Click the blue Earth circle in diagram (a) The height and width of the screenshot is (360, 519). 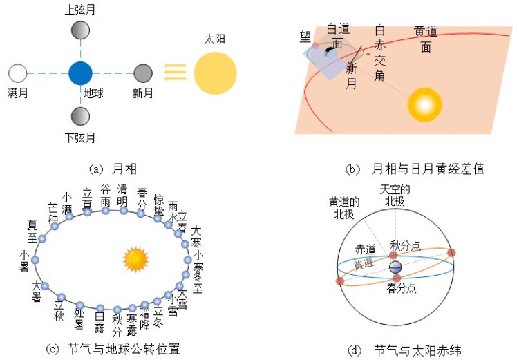click(x=80, y=73)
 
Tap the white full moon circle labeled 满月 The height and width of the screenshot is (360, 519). click(x=17, y=73)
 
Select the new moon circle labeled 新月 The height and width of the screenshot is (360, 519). click(x=142, y=73)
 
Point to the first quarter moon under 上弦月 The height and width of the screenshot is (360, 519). click(x=80, y=30)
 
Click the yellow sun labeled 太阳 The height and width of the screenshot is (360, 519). click(x=215, y=73)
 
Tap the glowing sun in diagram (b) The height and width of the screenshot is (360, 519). click(x=424, y=104)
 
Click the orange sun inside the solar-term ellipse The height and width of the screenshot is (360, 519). click(x=135, y=259)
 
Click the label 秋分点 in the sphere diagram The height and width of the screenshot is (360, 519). click(x=406, y=246)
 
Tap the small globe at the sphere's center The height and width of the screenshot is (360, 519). click(x=395, y=267)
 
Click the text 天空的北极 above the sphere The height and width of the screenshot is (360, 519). click(x=395, y=195)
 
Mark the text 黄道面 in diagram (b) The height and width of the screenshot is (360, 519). click(x=426, y=39)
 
